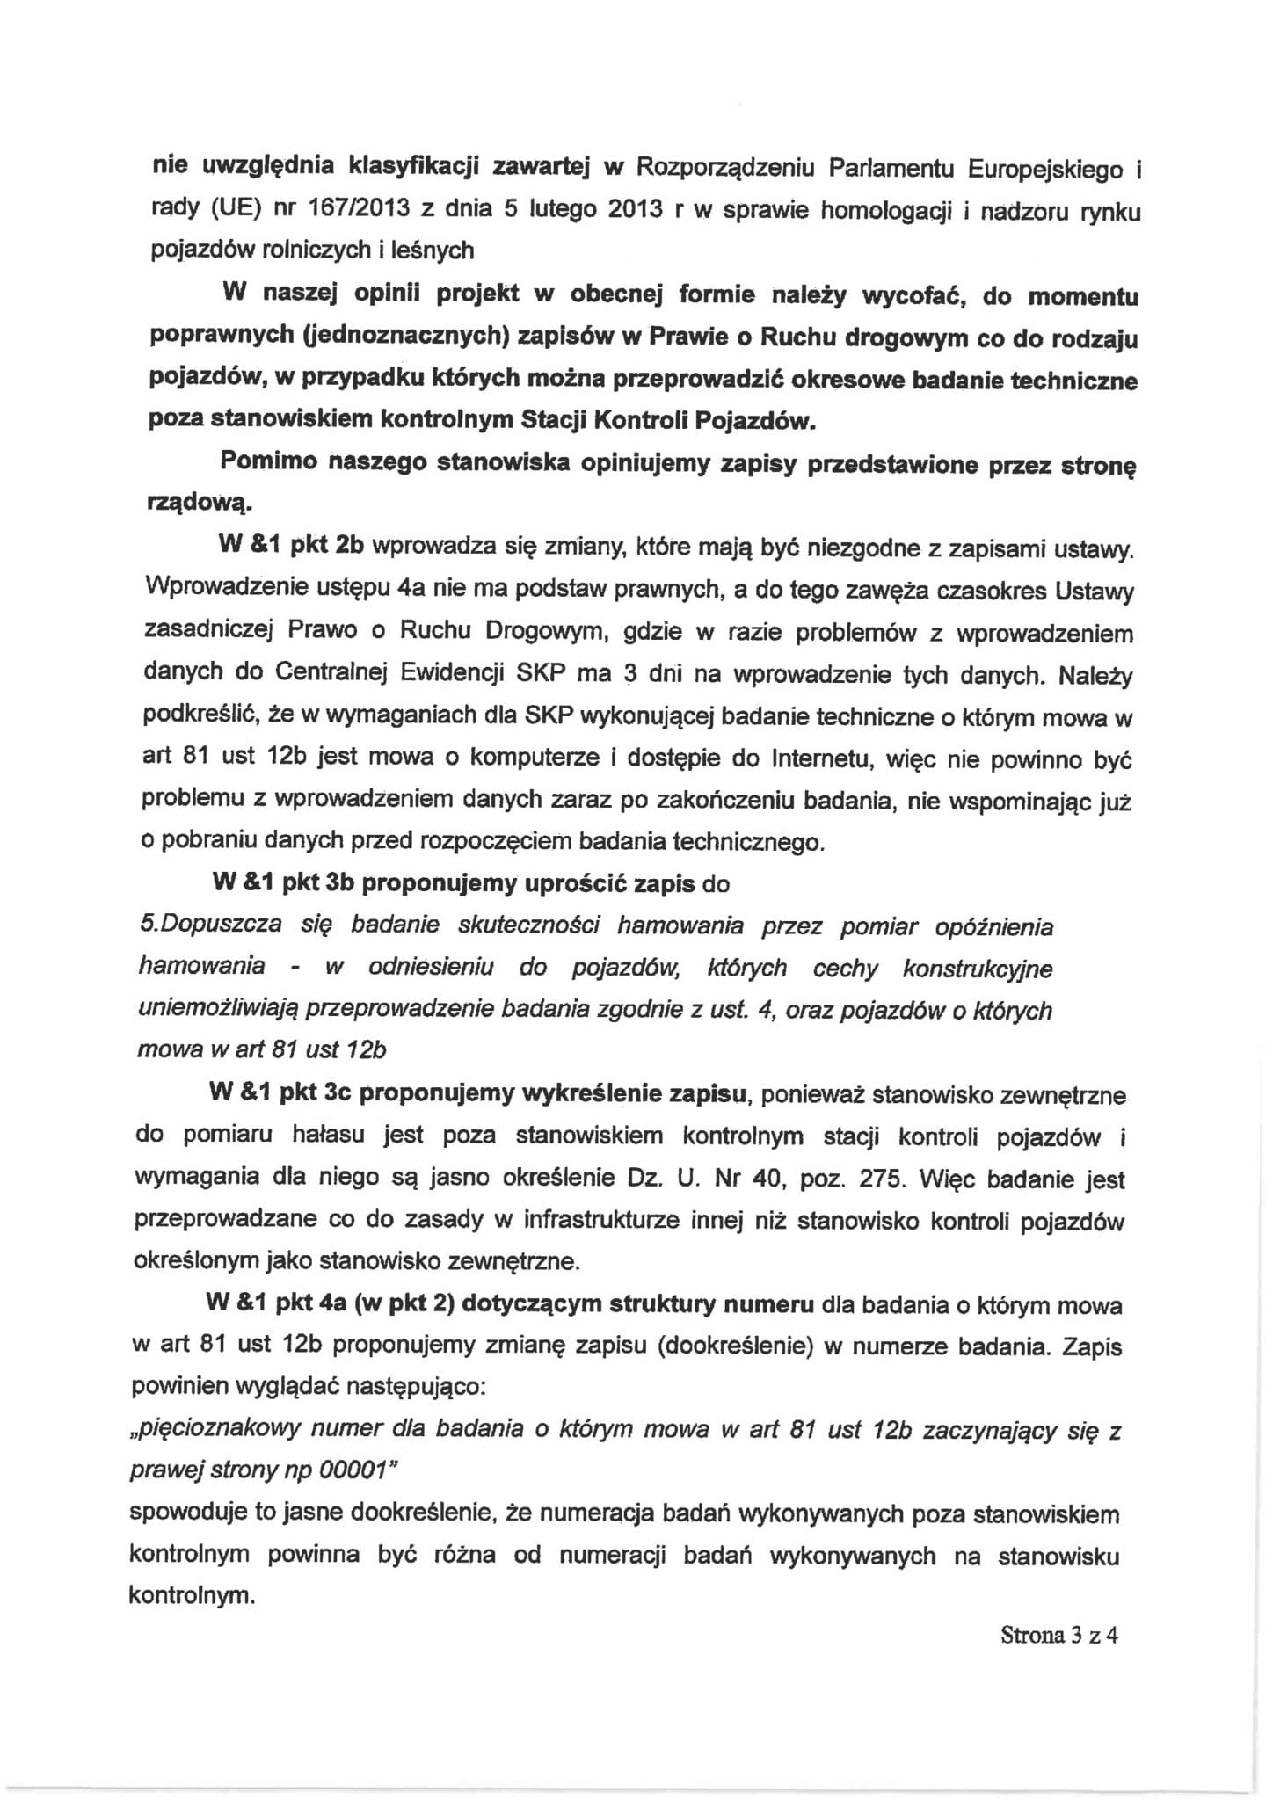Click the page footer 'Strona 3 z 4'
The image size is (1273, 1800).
pyautogui.click(x=1058, y=1636)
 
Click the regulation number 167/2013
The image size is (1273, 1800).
pyautogui.click(x=347, y=211)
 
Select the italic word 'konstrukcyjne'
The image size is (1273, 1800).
pyautogui.click(x=977, y=969)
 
